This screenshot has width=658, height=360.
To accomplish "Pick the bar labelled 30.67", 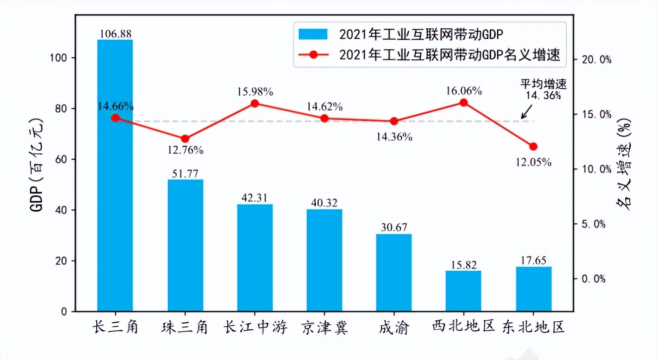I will point(394,273).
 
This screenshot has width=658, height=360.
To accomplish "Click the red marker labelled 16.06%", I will point(463,103).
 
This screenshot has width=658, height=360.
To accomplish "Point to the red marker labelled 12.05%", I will point(533,146).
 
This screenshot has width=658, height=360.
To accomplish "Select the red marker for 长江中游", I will point(255,103).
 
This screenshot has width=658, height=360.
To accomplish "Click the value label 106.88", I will point(115,34).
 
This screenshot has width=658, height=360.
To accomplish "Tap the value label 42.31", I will point(255,197).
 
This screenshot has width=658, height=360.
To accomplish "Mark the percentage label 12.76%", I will point(185,150).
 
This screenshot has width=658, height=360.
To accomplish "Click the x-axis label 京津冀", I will point(325,327).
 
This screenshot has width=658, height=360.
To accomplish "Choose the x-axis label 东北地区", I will point(533,327).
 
